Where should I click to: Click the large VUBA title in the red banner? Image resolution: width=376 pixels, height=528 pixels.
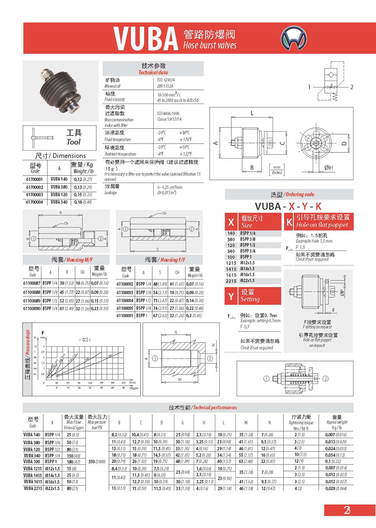(x=145, y=38)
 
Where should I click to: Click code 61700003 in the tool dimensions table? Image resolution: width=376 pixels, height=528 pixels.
(x=33, y=194)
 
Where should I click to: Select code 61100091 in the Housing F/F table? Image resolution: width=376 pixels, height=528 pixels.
(x=125, y=315)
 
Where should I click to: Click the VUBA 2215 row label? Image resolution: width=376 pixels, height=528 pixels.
(x=32, y=488)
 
